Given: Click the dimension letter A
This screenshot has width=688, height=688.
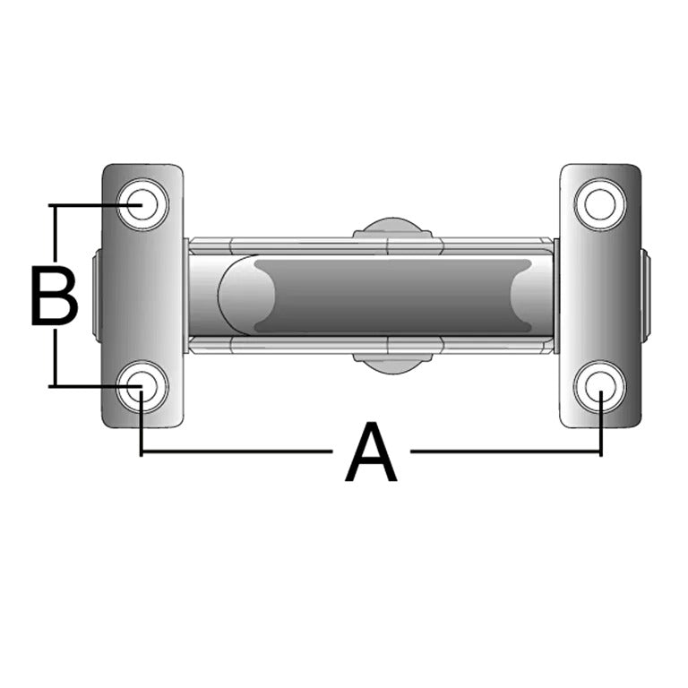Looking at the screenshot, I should [x=371, y=454].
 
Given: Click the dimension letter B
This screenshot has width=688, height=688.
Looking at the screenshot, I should [x=54, y=296].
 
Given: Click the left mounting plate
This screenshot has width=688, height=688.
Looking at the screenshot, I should [x=143, y=296].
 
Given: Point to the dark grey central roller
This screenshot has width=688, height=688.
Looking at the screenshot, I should [x=385, y=296].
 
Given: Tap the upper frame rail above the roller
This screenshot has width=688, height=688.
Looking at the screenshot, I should [x=296, y=245].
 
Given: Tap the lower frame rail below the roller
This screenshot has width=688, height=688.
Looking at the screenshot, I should [x=296, y=346].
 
